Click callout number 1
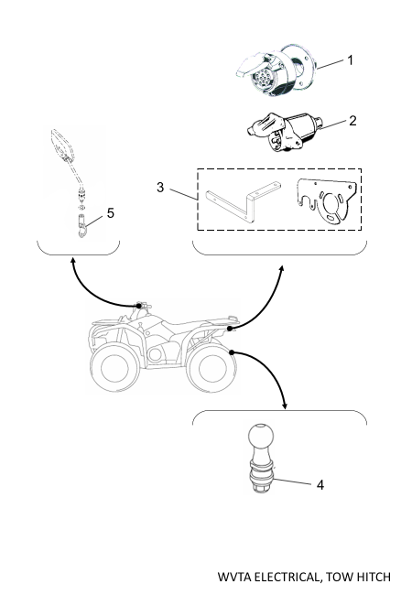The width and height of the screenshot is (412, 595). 350,60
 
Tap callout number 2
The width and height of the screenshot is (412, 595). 352,121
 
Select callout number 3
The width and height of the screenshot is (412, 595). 160,187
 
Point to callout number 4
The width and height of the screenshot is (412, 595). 320,485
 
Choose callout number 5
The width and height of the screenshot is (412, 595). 111,213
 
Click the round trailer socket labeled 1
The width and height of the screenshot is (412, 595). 276,70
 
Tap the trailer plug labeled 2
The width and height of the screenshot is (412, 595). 284,132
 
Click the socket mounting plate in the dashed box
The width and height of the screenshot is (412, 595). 327,201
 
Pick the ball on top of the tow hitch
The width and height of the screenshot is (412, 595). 260,436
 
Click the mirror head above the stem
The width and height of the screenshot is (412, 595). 61,145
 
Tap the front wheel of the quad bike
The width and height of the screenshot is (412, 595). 114,367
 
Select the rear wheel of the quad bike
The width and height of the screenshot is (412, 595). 211,368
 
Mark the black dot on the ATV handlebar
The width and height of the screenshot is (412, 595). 139,306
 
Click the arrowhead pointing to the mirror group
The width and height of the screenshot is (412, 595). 72,260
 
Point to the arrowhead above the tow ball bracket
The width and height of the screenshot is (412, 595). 285,406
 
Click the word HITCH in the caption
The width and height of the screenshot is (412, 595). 373,578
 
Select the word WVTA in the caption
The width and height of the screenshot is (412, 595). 234,578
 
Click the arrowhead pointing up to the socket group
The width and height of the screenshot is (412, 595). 281,269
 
